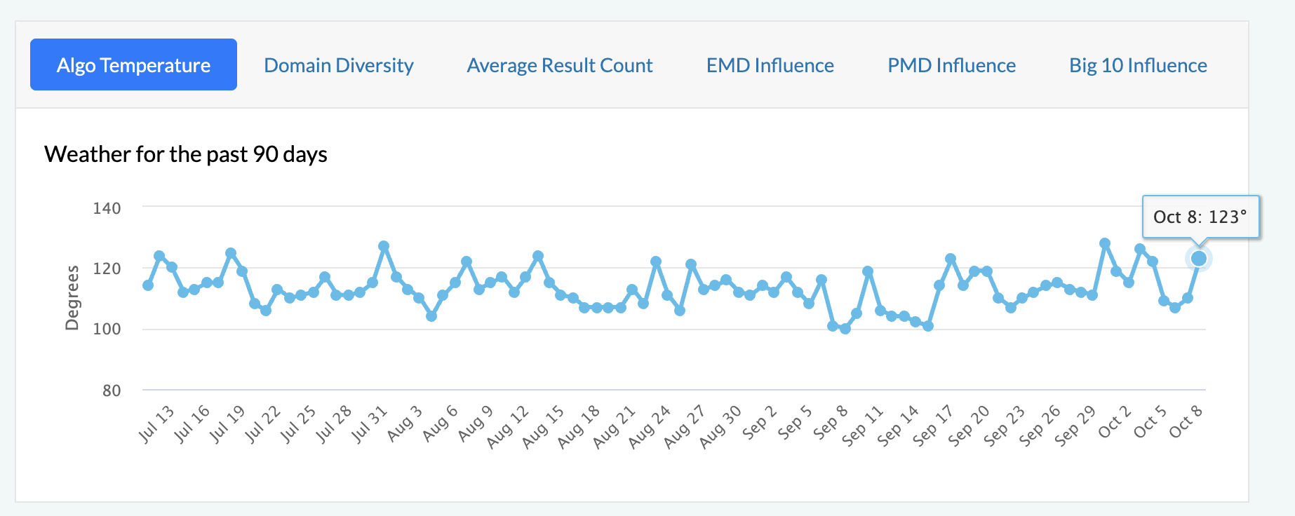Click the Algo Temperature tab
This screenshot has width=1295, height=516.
point(133,65)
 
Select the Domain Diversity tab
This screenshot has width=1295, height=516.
point(339,65)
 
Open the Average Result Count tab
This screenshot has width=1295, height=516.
point(560,65)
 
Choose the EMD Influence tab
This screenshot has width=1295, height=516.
point(770,65)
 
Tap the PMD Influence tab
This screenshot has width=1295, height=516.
point(952,65)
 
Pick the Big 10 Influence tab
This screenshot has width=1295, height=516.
point(1138,65)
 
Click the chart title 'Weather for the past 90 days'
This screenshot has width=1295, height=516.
point(186,154)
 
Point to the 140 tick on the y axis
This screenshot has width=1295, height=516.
point(107,208)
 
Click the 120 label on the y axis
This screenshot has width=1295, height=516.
point(107,269)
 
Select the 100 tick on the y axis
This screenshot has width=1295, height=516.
point(107,329)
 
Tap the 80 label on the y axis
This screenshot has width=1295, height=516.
point(112,391)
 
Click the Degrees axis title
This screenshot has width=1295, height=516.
point(72,297)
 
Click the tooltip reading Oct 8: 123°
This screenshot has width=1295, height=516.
point(1200,217)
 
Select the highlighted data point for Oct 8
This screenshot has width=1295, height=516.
point(1199,259)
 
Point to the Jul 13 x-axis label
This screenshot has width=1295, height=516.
point(156,424)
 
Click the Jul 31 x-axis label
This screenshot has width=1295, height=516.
point(369,424)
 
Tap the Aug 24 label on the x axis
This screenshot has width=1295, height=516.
point(649,426)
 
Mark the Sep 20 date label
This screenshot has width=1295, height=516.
point(968,426)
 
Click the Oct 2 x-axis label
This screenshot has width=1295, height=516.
point(1114,422)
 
